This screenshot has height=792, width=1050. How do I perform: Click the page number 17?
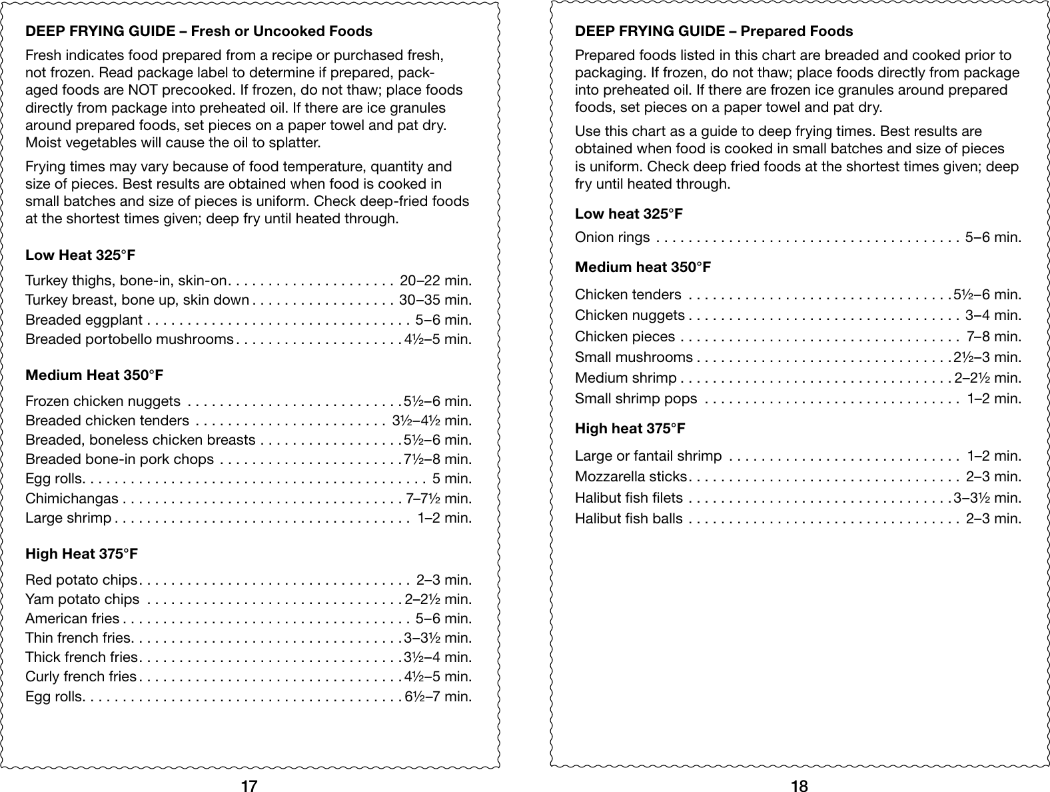249,786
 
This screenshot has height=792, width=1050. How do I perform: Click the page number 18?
799,786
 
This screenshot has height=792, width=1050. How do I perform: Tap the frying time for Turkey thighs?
435,281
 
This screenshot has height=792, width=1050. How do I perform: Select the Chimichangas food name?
72,499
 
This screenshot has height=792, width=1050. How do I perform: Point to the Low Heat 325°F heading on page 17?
81,255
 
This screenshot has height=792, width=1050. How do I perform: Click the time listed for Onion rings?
993,237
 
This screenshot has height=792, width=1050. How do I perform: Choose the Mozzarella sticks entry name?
630,477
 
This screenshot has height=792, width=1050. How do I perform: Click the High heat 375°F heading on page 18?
630,429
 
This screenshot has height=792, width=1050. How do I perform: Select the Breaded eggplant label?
84,320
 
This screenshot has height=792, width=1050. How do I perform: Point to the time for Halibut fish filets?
987,498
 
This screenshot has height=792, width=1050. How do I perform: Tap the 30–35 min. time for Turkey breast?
435,300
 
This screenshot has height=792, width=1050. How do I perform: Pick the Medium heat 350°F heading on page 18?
642,267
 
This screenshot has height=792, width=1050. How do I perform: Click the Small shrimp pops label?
636,399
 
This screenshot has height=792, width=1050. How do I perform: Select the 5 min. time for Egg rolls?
451,479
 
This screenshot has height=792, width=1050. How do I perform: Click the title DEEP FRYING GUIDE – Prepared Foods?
713,31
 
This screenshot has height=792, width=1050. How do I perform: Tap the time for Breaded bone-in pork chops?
438,459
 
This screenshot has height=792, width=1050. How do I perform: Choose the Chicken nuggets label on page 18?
630,315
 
